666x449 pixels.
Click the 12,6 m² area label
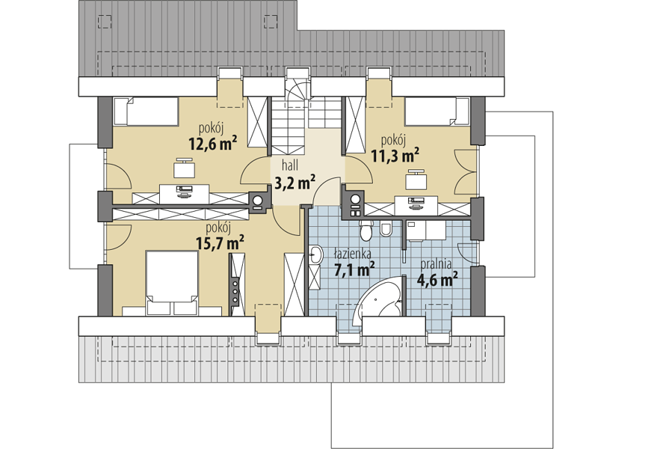pyautogui.click(x=213, y=144)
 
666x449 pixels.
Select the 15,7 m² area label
pyautogui.click(x=220, y=243)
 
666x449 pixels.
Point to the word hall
pyautogui.click(x=290, y=165)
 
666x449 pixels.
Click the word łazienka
pyautogui.click(x=353, y=254)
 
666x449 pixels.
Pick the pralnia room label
pyautogui.click(x=436, y=264)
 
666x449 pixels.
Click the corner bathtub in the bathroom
pyautogui.click(x=379, y=301)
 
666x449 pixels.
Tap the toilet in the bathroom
pyautogui.click(x=366, y=230)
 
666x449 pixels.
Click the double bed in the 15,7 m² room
pyautogui.click(x=172, y=283)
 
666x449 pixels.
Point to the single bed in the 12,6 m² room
pyautogui.click(x=146, y=112)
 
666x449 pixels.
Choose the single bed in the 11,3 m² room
pyautogui.click(x=437, y=112)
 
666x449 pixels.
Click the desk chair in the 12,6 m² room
pyautogui.click(x=185, y=168)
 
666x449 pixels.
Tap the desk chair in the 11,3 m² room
pyautogui.click(x=416, y=179)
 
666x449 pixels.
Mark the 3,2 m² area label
pyautogui.click(x=295, y=183)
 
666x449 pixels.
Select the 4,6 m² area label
pyautogui.click(x=437, y=280)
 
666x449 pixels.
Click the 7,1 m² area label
pyautogui.click(x=354, y=269)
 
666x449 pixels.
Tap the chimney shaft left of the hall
pyautogui.click(x=257, y=201)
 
